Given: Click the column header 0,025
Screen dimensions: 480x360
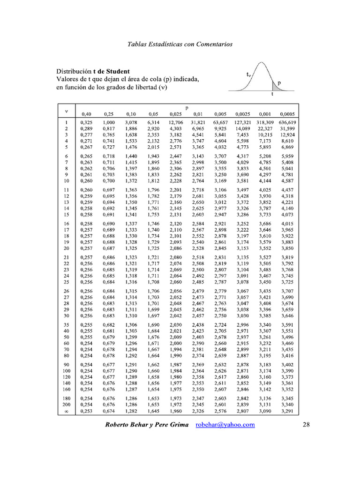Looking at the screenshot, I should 175,114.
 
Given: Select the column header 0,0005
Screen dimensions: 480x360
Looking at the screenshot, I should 287,114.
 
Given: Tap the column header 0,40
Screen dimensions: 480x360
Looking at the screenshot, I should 86,114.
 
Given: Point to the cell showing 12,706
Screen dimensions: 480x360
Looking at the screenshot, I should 175,122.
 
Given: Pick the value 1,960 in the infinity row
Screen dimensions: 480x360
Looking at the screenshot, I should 175,411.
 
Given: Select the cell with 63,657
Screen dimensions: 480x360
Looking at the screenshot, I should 220,122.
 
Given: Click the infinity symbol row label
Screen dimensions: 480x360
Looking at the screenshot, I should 67,411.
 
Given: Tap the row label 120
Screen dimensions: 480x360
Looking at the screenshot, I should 67,376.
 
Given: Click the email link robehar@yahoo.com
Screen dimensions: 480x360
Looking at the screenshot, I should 225,425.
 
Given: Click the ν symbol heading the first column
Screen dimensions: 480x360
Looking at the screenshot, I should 67,111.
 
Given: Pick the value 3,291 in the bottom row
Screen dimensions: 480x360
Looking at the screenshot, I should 287,411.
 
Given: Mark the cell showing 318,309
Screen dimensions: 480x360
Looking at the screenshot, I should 265,122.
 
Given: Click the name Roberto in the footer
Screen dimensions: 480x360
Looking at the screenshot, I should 119,425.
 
